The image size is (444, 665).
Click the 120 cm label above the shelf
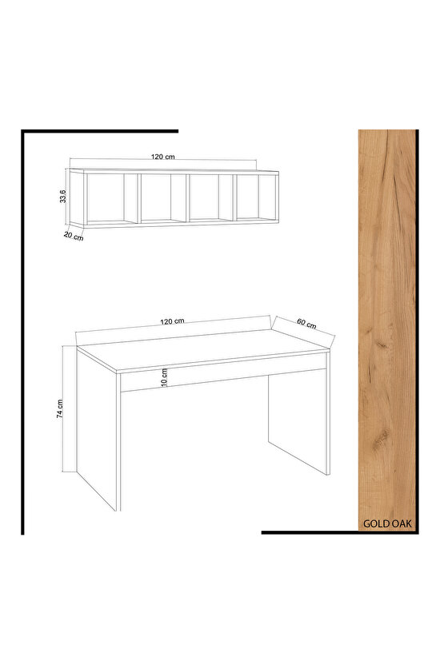pos(163,157)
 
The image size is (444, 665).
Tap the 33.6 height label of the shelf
pos(63,197)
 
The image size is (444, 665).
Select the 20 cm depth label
pos(74,237)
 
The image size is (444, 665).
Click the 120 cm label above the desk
pos(172,321)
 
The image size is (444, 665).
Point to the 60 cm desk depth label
pos(306,323)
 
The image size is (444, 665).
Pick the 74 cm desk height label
pos(60,409)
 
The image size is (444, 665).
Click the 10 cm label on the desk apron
pos(164,377)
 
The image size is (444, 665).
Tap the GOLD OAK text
pos(387,524)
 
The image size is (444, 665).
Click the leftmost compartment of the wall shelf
pos(106,198)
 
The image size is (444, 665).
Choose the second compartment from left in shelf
pos(156,198)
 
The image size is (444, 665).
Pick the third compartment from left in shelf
pos(204,197)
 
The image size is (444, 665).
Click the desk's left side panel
pos(96,428)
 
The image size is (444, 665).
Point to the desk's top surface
pos(203,349)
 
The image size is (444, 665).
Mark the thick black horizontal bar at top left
pos(100,131)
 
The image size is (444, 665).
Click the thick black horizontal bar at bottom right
pos(339,532)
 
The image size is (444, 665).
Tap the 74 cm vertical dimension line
pos(63,409)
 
